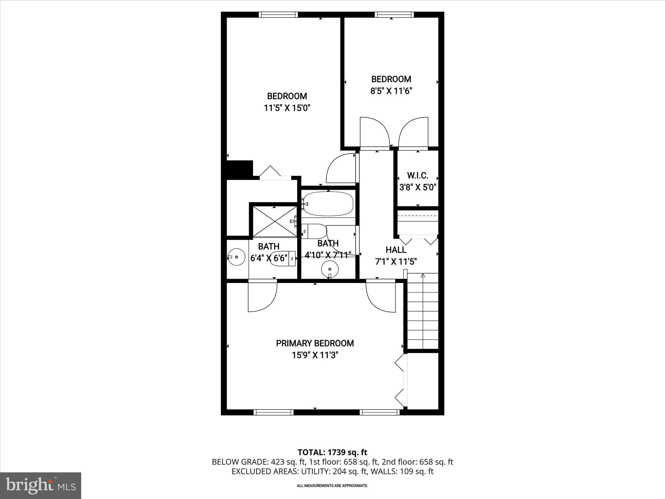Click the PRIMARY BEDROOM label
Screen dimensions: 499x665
coord(315,343)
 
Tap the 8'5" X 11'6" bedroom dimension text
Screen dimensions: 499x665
coord(391,91)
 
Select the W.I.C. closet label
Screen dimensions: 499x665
coord(418,176)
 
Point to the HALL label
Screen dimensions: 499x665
coord(395,250)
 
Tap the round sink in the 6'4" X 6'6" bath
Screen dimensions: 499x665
coord(236,257)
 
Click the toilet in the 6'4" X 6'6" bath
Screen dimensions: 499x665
coord(282,259)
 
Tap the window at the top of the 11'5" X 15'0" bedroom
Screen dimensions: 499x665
coord(278,15)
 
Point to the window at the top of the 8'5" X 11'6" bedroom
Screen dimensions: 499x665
coord(394,15)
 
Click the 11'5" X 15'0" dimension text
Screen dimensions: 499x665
coord(287,108)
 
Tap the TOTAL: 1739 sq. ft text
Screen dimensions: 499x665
coord(332,452)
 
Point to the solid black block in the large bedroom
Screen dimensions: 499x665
coord(240,169)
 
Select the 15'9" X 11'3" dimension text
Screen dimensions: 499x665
coord(315,355)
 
